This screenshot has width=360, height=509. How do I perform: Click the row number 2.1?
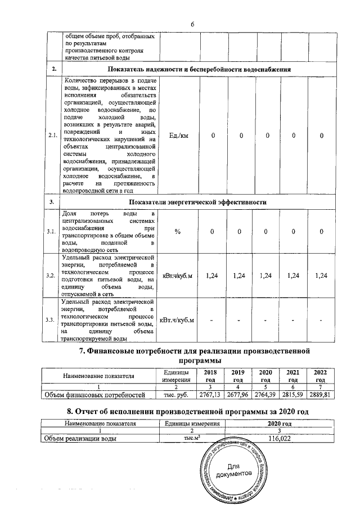[x=54, y=136]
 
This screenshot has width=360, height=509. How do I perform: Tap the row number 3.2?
[x=54, y=276]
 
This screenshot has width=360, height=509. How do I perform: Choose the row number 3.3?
[x=54, y=320]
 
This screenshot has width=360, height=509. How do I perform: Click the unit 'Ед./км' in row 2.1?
[x=179, y=136]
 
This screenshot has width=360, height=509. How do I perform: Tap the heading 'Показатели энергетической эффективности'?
[x=197, y=201]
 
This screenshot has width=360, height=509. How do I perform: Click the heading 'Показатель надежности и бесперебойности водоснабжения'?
[x=200, y=69]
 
